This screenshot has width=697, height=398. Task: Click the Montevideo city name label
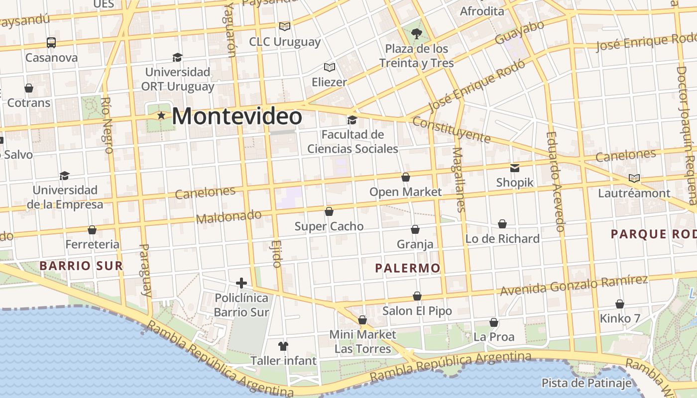coord(237,116)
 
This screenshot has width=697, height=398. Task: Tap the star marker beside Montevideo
coord(161,115)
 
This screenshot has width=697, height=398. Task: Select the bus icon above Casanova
coord(51,43)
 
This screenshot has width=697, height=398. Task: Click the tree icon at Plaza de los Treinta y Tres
coord(417,34)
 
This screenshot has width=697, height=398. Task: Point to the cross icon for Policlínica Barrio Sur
coord(241,283)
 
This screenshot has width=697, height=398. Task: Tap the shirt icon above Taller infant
coord(283,346)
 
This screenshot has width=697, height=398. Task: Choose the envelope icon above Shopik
coord(514,168)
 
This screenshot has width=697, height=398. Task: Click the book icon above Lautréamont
coord(634,178)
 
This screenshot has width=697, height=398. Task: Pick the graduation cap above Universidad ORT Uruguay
coord(177,57)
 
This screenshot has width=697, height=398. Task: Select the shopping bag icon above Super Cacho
coord(329,211)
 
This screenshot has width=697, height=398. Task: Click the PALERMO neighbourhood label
coord(408,268)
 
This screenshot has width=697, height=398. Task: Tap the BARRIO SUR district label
coord(81,266)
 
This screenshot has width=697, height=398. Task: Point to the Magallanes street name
coord(459,179)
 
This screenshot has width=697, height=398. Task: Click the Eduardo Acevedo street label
coord(554,181)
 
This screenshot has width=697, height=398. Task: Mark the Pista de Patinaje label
coord(586,383)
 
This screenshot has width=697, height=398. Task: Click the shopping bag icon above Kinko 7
coord(620,303)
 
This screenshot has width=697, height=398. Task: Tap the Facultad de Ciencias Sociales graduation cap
coord(352,120)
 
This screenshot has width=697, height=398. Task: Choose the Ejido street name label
coord(277,254)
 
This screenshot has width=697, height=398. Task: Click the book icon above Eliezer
coord(329,67)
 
